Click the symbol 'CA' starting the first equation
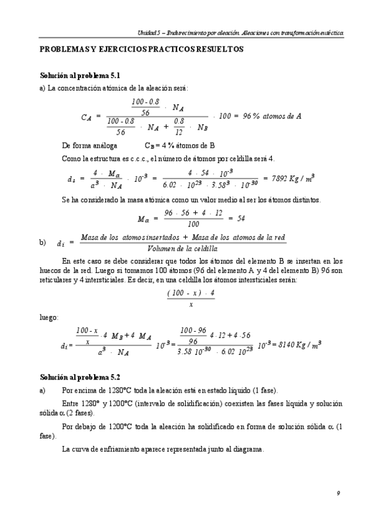(86, 116)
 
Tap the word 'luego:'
(48, 317)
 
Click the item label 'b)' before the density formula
(43, 243)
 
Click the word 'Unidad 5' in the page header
(149, 32)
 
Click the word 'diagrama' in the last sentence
(248, 450)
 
